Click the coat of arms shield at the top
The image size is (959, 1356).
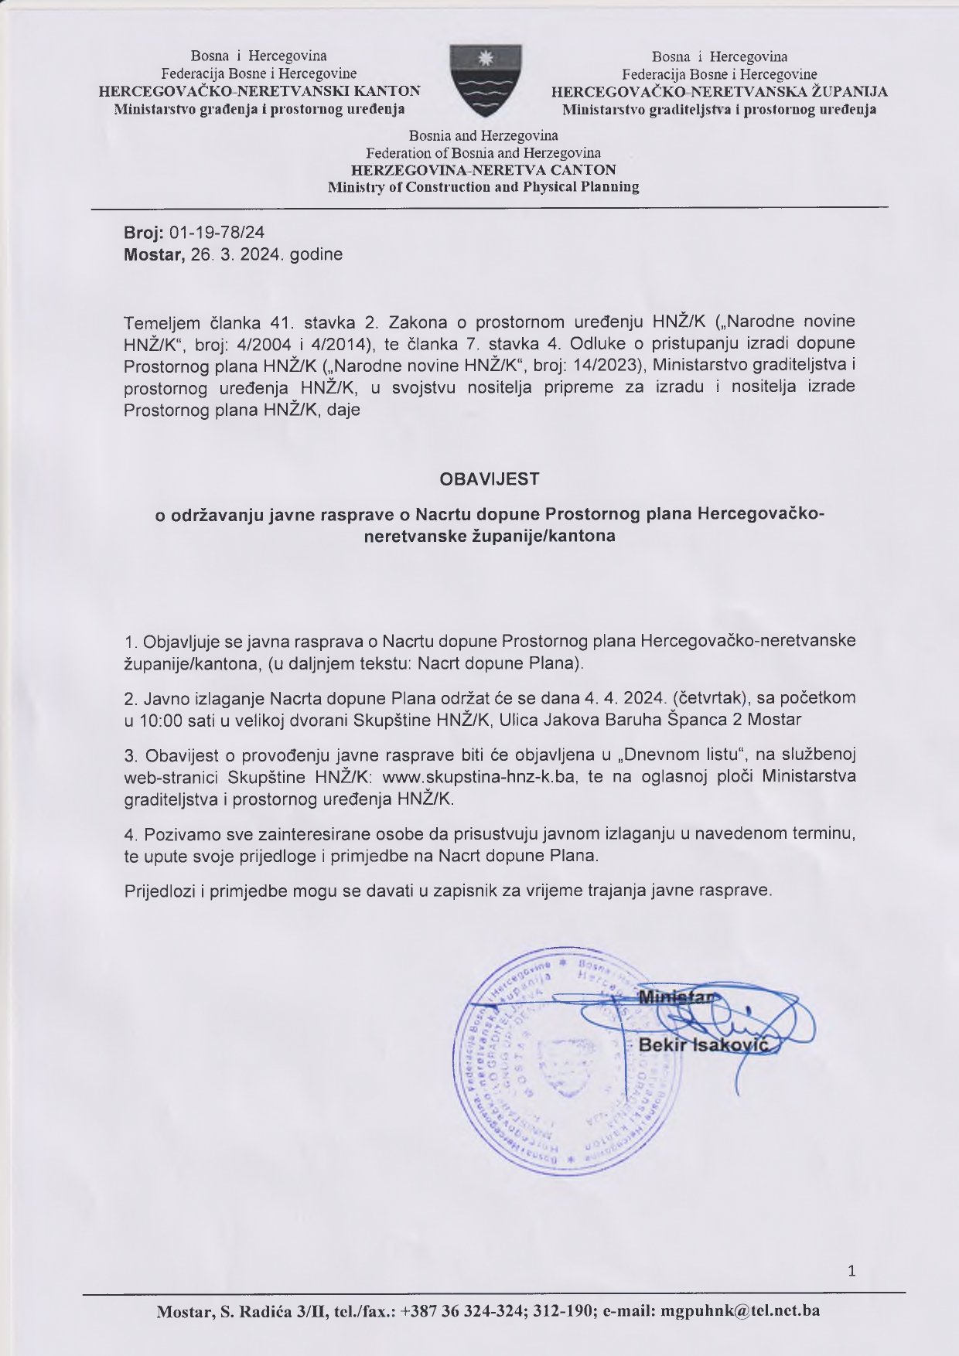[485, 80]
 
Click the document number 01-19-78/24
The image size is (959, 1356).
[217, 232]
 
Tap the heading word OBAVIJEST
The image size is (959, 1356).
[489, 479]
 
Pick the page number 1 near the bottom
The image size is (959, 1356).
[851, 1270]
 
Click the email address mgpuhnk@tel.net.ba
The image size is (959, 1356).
[737, 1311]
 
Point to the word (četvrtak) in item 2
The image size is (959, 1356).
[710, 697]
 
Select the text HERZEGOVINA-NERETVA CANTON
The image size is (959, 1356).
[484, 170]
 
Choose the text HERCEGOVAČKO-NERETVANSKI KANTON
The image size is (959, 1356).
[260, 91]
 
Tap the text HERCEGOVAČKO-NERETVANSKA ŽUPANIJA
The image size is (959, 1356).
[719, 92]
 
